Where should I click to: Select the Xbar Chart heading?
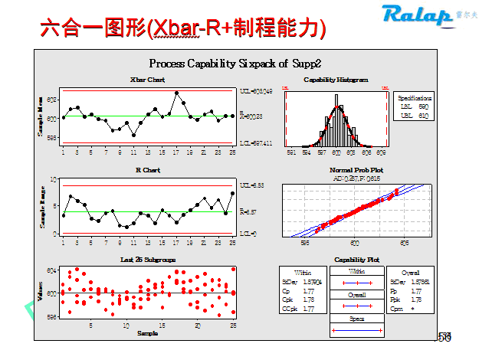click(x=147, y=80)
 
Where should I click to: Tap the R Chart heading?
click(x=147, y=169)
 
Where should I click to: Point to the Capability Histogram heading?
click(x=336, y=80)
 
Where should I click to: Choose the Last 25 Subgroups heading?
click(x=147, y=260)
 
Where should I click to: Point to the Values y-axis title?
click(x=41, y=293)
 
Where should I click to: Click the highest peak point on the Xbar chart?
click(x=177, y=93)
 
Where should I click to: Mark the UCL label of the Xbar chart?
click(x=258, y=91)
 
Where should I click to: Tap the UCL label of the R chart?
click(x=252, y=185)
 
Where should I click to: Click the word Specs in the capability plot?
click(x=356, y=318)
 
